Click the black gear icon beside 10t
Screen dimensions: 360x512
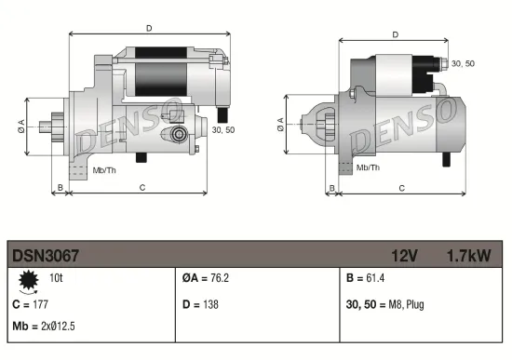(x=28, y=279)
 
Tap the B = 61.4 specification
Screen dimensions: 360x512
(x=366, y=278)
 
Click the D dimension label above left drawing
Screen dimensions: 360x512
(x=149, y=28)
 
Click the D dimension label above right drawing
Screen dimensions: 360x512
(x=396, y=35)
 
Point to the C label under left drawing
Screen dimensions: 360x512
(x=141, y=188)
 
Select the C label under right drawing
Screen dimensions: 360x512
(x=400, y=188)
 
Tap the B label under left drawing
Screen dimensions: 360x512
(x=61, y=188)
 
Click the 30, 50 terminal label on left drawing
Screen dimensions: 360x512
(x=223, y=130)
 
